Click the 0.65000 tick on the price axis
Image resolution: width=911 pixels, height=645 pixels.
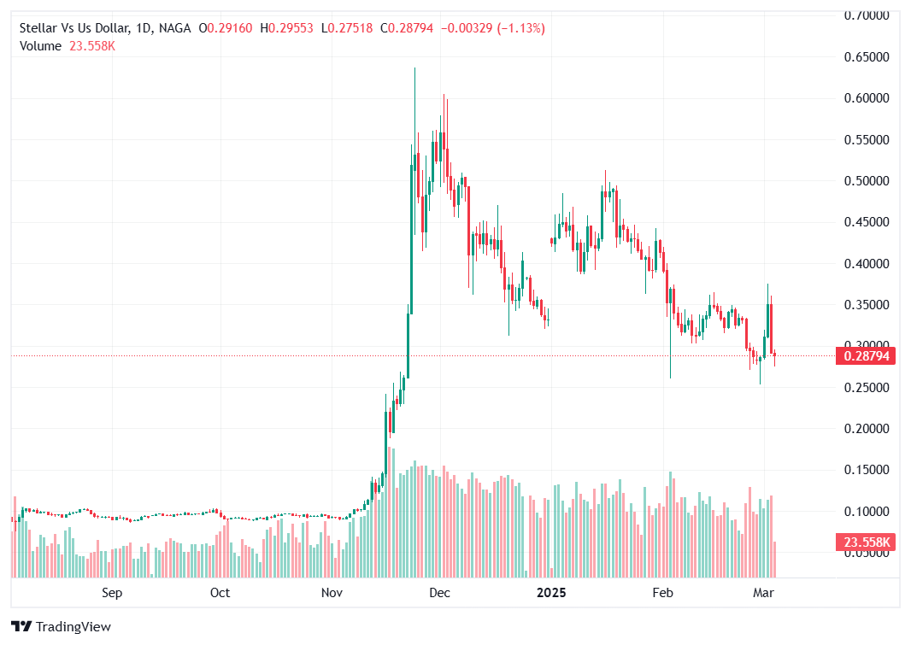pyautogui.click(x=867, y=57)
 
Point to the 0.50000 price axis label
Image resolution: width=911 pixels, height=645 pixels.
pyautogui.click(x=867, y=181)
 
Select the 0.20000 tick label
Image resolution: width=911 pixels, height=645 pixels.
pyautogui.click(x=867, y=429)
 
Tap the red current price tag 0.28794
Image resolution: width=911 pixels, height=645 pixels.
pyautogui.click(x=867, y=356)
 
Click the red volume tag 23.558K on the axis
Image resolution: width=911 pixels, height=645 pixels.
pyautogui.click(x=867, y=542)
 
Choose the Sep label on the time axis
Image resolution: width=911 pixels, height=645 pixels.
pyautogui.click(x=112, y=592)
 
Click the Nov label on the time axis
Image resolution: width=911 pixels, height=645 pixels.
pyautogui.click(x=332, y=592)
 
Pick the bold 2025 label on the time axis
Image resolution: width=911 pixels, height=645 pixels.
pyautogui.click(x=551, y=592)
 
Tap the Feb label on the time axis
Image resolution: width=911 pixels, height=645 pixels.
pyautogui.click(x=662, y=592)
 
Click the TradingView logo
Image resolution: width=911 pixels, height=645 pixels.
pyautogui.click(x=65, y=626)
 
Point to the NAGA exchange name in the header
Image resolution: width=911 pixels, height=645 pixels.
pyautogui.click(x=174, y=28)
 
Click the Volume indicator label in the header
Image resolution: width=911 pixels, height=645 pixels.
pyautogui.click(x=40, y=46)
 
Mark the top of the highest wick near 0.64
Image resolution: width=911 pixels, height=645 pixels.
pyautogui.click(x=415, y=68)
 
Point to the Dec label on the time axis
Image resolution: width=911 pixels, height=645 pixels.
pyautogui.click(x=439, y=592)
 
